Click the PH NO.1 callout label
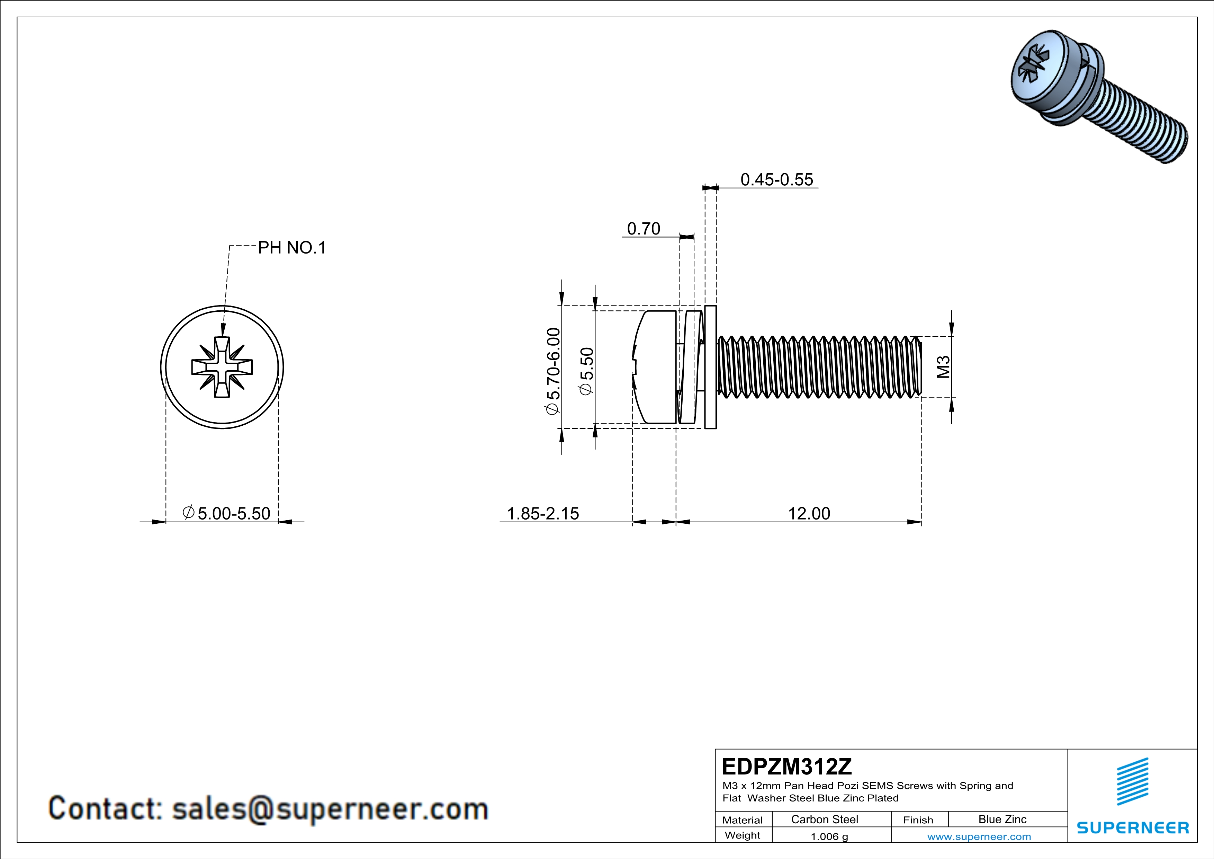coord(291,248)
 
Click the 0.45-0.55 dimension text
coord(776,180)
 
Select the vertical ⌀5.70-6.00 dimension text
coord(552,371)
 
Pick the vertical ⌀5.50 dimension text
coord(586,371)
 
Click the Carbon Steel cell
coord(824,819)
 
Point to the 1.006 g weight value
coord(829,836)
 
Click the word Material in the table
coord(743,820)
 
